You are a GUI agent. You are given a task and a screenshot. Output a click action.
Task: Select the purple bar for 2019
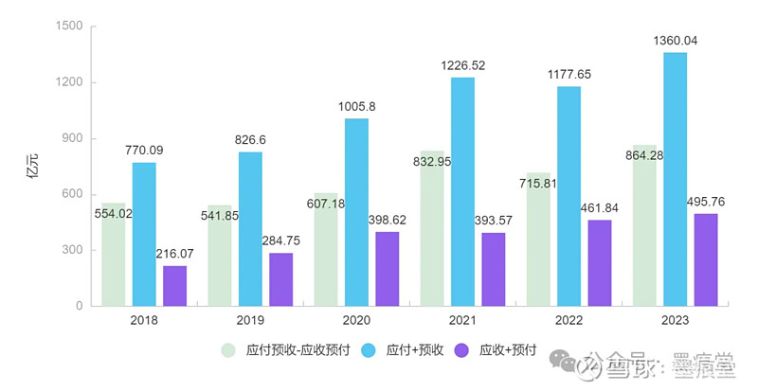tap(280, 280)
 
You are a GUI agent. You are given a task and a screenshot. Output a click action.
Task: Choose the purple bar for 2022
tap(599, 265)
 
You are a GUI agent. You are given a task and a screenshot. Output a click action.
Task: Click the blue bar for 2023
tap(675, 180)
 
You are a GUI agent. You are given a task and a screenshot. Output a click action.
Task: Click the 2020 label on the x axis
tap(356, 321)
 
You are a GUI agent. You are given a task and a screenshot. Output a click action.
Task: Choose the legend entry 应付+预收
tap(414, 350)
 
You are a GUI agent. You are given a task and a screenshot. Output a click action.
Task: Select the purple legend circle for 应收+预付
tap(463, 350)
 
